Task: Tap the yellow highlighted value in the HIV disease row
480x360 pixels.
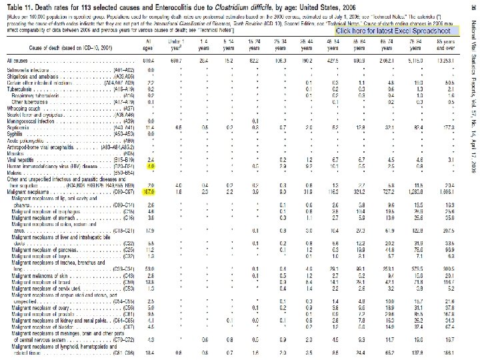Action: [151, 167]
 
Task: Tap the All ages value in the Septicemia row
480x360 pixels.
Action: [150, 126]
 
